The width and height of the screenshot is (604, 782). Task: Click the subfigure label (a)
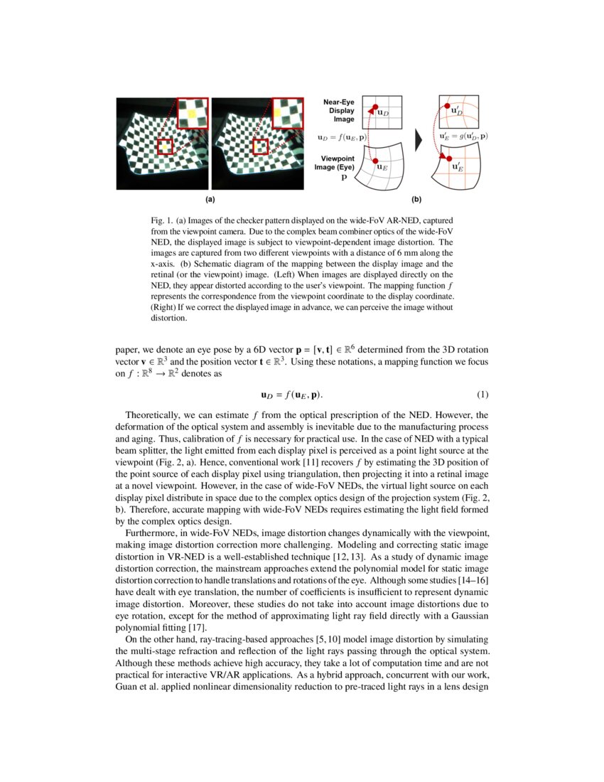coord(210,200)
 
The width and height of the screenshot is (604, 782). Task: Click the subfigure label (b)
coord(416,200)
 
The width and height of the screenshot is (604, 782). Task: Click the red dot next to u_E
coord(375,161)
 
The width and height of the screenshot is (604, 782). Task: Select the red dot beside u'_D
coord(448,104)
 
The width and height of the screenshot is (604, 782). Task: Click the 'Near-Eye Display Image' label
coord(338,111)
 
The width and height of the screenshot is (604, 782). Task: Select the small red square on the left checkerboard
coord(166,147)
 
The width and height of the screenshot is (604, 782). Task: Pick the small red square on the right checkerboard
coord(261,147)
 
